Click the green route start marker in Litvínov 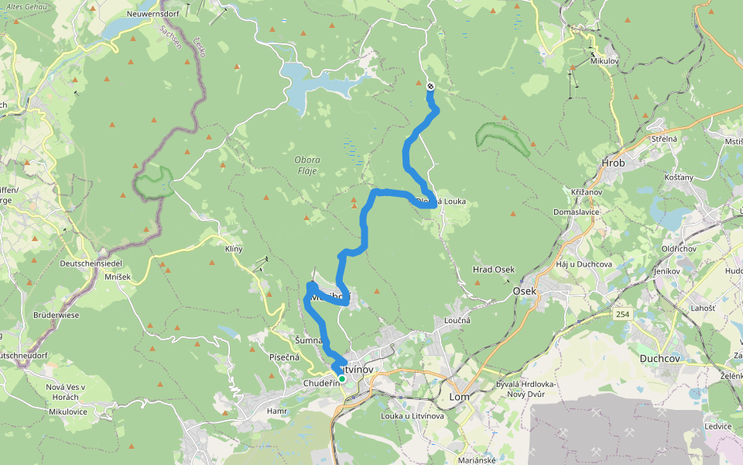click(x=341, y=379)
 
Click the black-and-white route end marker click(x=430, y=87)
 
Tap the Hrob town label click(x=613, y=163)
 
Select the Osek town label click(x=524, y=291)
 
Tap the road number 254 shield click(x=623, y=314)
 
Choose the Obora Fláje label click(x=306, y=165)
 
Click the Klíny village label click(x=234, y=249)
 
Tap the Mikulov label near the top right click(x=604, y=60)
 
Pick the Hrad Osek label click(x=494, y=270)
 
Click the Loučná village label click(x=457, y=320)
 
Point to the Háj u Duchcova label click(x=584, y=265)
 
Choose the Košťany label click(x=679, y=177)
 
